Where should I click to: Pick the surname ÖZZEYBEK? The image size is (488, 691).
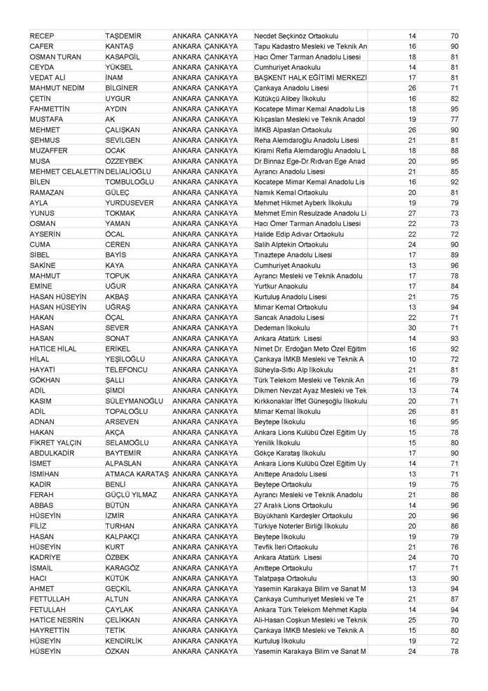[126, 160]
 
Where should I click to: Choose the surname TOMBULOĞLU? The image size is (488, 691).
[130, 181]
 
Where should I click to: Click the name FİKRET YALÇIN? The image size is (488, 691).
[56, 442]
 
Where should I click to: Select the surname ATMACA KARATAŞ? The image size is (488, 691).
[137, 473]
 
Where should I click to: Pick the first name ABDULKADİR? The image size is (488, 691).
[55, 452]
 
